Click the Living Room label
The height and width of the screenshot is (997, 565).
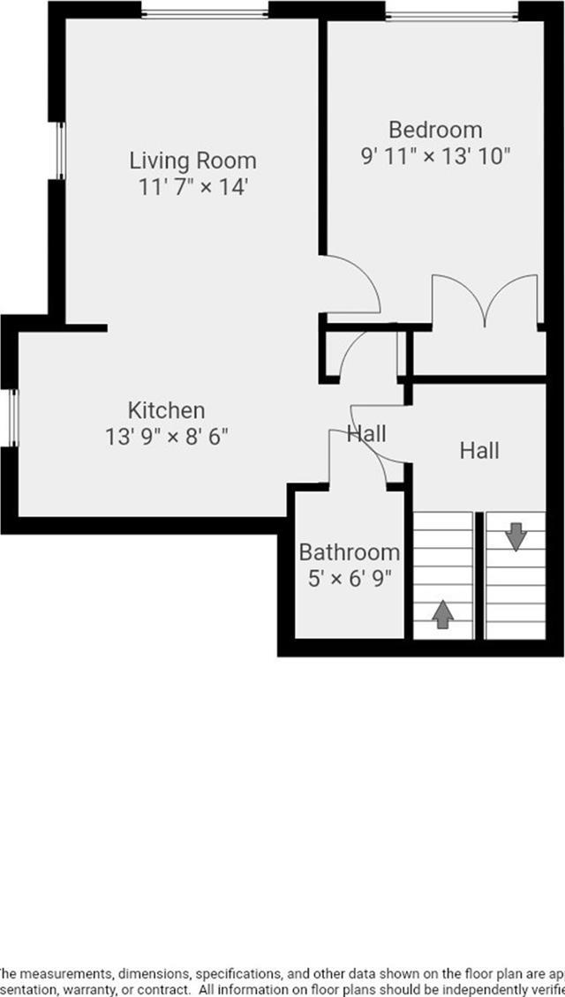[192, 161]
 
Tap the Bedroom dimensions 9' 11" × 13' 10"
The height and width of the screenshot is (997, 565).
[436, 156]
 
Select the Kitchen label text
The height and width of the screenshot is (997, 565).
[167, 410]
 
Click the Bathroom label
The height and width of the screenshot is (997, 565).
[349, 552]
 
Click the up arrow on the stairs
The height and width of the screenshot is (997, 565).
[443, 614]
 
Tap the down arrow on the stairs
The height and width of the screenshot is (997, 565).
[516, 535]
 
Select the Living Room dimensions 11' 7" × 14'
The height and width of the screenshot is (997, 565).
[192, 187]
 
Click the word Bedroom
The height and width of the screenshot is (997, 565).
[436, 130]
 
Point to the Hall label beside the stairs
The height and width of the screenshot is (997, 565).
[479, 451]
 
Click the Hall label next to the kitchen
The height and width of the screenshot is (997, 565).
[365, 434]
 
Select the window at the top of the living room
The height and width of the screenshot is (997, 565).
[205, 12]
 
